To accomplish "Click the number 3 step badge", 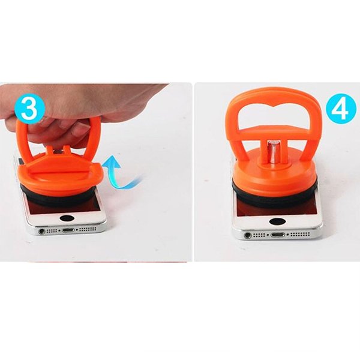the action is point(29,109).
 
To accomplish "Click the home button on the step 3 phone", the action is point(67,218).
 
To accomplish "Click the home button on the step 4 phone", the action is point(277,221).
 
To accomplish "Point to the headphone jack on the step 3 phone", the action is point(41,231).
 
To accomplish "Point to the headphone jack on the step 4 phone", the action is point(248,235).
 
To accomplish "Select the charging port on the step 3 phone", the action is point(68,230).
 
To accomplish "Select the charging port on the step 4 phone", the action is point(278,235).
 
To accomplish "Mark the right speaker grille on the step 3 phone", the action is point(88,229).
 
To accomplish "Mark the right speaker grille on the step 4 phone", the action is point(300,234).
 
